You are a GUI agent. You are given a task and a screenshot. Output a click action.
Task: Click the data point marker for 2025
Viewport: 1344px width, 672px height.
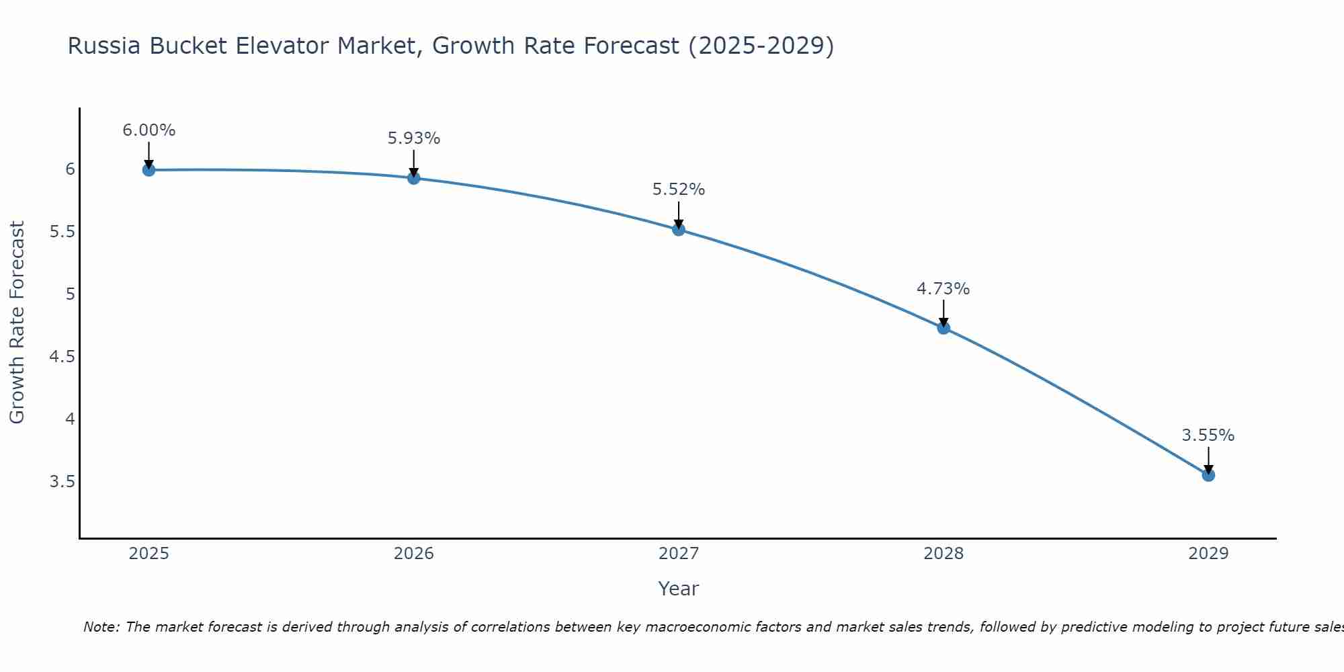tap(149, 170)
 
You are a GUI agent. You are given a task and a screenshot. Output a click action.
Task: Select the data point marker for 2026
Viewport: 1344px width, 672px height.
tap(414, 178)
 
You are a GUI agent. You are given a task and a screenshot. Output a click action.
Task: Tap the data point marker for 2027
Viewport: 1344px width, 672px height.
tap(679, 230)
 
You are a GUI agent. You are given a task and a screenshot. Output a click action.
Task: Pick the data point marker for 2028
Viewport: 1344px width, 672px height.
tap(943, 328)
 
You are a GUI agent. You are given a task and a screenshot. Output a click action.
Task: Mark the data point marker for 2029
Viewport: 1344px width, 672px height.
tap(1208, 475)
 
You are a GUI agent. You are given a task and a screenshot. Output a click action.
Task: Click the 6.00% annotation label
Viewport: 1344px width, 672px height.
tap(149, 130)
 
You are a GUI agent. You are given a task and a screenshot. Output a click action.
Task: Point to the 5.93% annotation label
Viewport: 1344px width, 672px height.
tap(414, 138)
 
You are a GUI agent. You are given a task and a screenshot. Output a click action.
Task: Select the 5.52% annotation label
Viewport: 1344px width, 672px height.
tap(679, 190)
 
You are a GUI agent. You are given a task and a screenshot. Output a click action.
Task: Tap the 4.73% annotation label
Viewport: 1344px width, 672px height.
tap(943, 289)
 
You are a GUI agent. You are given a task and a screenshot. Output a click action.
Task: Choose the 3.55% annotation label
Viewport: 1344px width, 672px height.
tap(1208, 435)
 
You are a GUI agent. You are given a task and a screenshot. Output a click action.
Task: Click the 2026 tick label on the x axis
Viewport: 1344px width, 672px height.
tap(414, 554)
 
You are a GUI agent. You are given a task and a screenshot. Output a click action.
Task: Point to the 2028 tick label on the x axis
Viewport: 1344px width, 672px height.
tap(943, 554)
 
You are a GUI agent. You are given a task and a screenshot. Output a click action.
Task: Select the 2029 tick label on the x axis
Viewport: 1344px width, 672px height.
tap(1208, 554)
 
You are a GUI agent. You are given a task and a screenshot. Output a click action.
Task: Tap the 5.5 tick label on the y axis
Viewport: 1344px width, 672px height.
tap(62, 232)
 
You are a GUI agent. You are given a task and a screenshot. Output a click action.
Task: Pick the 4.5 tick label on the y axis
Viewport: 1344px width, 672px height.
tap(62, 357)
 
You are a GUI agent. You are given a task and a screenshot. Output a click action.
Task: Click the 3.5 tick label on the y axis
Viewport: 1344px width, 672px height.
tap(62, 482)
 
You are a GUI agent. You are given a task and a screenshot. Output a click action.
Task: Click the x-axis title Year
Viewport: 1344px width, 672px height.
tap(679, 589)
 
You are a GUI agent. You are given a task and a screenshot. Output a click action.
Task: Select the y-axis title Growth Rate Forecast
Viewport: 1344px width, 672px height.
tap(17, 323)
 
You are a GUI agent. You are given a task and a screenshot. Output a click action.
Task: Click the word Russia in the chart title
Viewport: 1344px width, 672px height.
tap(104, 46)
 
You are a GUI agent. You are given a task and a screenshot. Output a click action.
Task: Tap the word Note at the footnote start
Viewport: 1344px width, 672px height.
tap(101, 627)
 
